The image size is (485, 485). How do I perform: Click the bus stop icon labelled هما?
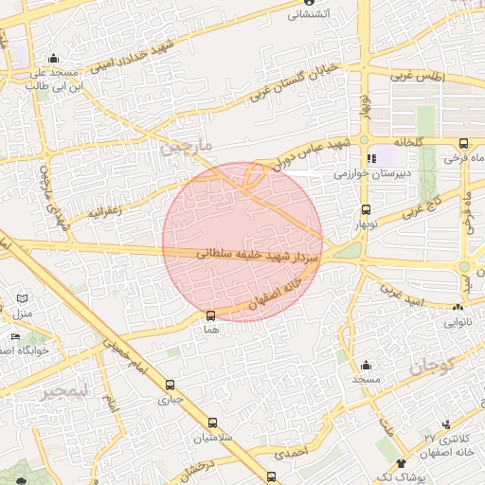pos(210,315)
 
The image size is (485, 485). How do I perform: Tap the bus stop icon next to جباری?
pos(171,385)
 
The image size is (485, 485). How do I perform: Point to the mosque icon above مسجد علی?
pos(52,58)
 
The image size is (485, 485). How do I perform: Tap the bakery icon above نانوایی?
pos(458,307)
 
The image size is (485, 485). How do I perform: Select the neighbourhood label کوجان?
pos(433,364)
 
